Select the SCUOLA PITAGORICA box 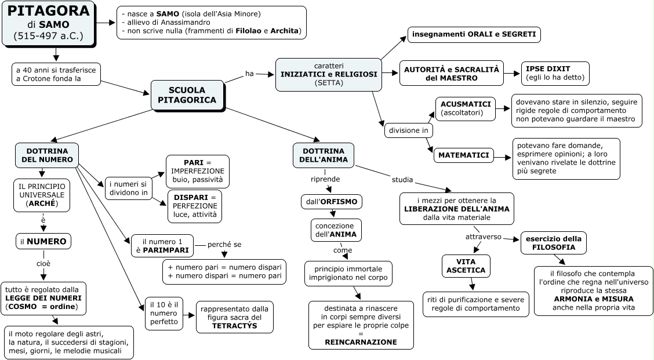click(188, 95)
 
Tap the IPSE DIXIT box click(555, 72)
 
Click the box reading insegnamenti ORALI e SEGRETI click(474, 35)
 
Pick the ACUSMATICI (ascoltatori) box click(466, 108)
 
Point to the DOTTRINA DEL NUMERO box click(47, 155)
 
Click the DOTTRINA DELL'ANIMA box click(324, 155)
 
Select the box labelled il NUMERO click(43, 241)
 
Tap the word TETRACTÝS click(234, 326)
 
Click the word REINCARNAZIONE click(361, 342)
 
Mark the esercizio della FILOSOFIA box click(554, 243)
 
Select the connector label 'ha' click(249, 74)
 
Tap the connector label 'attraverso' click(483, 237)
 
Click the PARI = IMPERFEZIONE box click(197, 172)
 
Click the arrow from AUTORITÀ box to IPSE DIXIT click(511, 73)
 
